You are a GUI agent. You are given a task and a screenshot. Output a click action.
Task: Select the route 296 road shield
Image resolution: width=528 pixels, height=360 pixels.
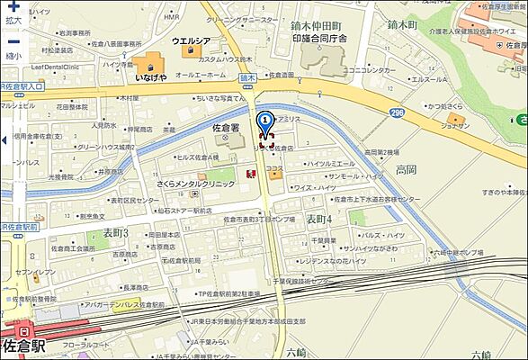(x=397, y=112)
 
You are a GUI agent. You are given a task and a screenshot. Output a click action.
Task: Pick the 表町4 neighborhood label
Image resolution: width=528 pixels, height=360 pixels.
(x=318, y=219)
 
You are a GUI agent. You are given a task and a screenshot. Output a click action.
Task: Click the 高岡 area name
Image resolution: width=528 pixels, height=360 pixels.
(x=406, y=168)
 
